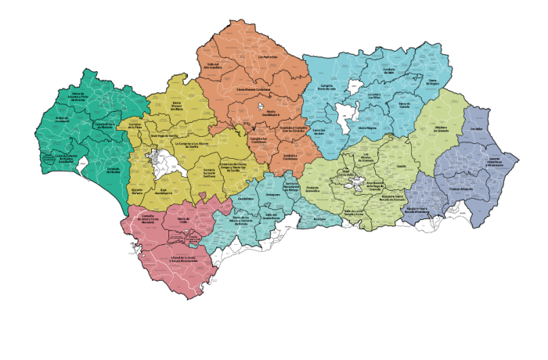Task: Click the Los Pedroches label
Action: (269, 57)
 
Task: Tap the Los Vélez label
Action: (478, 130)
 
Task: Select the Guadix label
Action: (404, 166)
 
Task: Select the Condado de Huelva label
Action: (113, 169)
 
